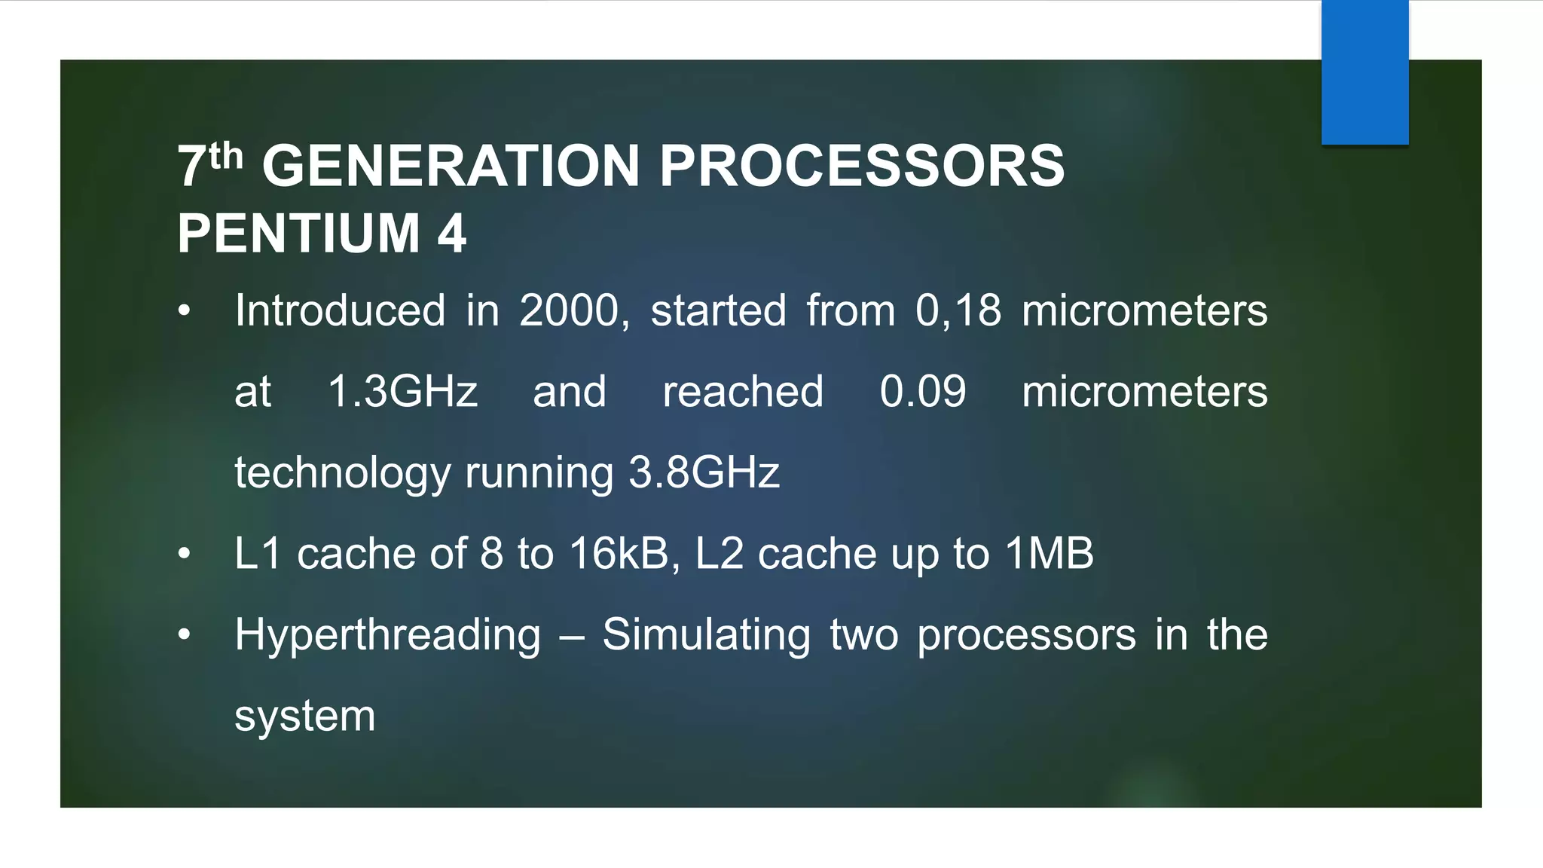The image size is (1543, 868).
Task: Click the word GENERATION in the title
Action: pos(451,167)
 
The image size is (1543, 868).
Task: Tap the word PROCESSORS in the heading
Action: pos(862,167)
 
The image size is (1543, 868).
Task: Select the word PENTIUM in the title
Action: pos(298,234)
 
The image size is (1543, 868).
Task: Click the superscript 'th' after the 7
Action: pos(226,157)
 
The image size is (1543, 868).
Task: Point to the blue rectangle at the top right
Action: pos(1364,72)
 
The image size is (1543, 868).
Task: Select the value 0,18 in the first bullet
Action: pos(958,310)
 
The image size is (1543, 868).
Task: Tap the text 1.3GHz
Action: pos(402,392)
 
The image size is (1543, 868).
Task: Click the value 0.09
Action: pos(922,392)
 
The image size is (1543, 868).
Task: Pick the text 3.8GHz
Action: pos(704,473)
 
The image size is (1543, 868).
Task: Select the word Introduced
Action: pos(340,310)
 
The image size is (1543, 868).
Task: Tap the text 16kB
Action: pos(619,554)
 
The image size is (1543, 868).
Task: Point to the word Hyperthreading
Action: pos(387,636)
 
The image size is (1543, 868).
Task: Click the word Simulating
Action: pos(706,636)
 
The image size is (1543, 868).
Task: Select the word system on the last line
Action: pos(304,717)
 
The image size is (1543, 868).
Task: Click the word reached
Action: pos(743,392)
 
